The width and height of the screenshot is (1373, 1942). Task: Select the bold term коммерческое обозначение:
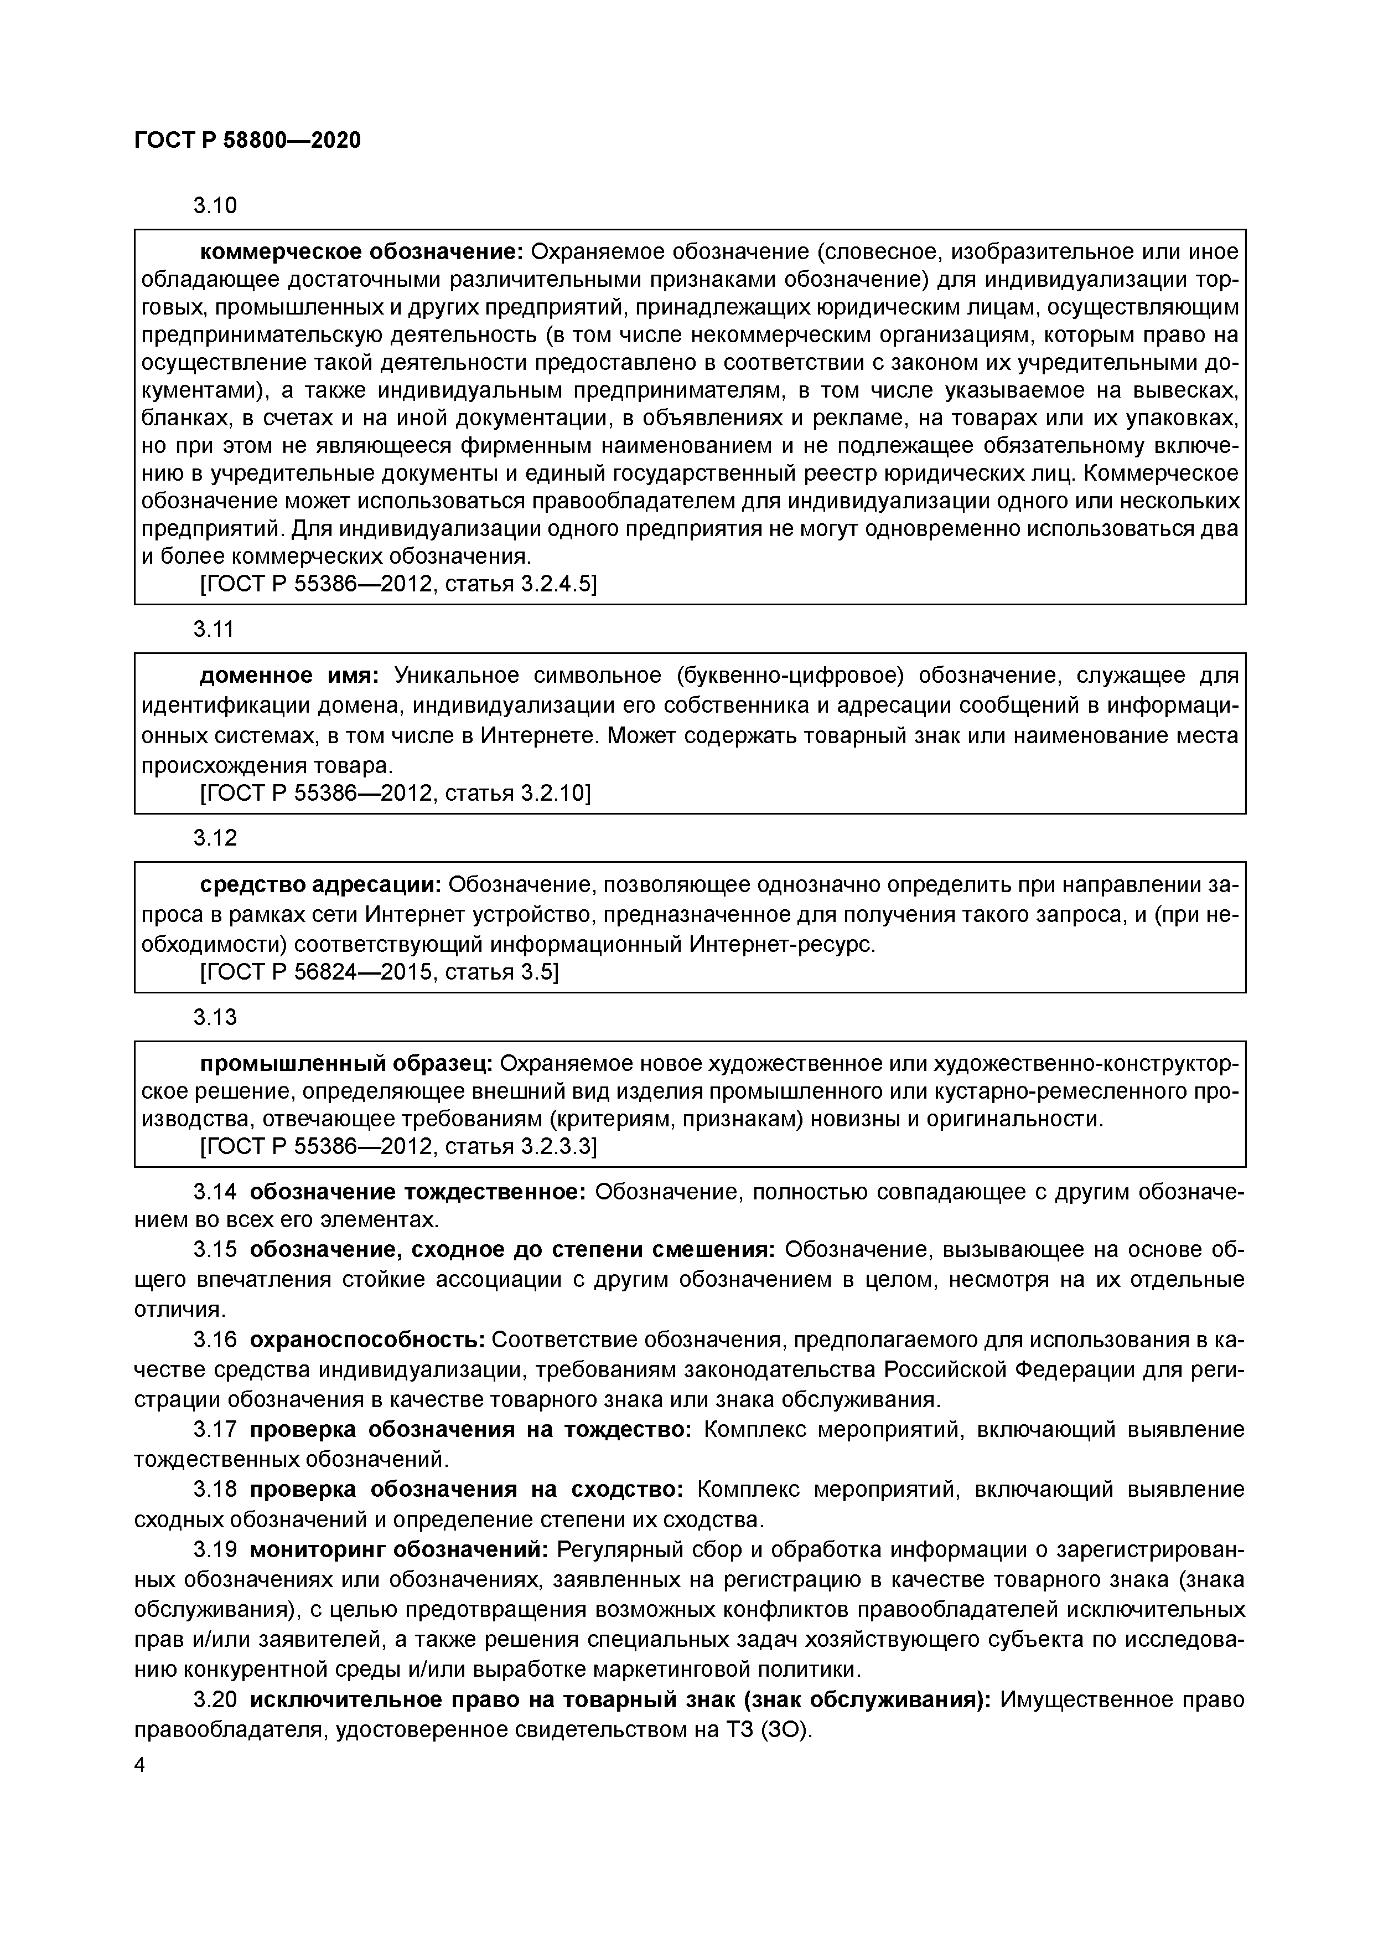pyautogui.click(x=362, y=252)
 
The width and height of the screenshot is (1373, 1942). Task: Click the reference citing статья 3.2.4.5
pyautogui.click(x=397, y=584)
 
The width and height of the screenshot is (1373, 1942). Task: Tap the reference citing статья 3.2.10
pyautogui.click(x=395, y=794)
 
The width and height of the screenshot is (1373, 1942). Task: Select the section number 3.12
pyautogui.click(x=215, y=838)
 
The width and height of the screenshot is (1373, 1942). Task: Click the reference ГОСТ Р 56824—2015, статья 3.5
pyautogui.click(x=379, y=973)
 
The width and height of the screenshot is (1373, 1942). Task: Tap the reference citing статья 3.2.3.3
pyautogui.click(x=397, y=1146)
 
